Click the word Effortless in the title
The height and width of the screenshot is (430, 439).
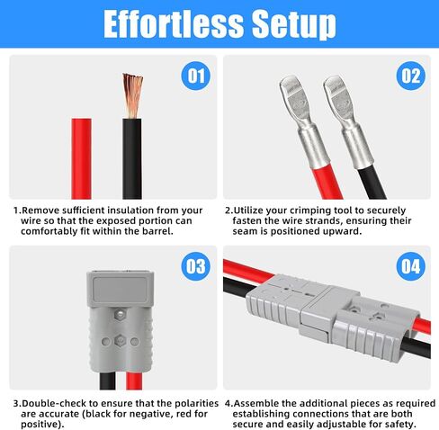click(174, 24)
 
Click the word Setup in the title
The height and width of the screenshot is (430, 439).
click(294, 24)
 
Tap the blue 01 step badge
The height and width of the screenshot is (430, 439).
click(196, 76)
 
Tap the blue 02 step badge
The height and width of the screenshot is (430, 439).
click(410, 76)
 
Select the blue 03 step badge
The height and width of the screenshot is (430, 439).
click(196, 266)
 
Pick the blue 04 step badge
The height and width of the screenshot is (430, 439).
click(410, 266)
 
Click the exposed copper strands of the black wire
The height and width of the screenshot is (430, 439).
click(132, 95)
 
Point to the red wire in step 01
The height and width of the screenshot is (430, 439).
click(81, 158)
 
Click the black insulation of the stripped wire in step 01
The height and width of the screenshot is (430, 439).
click(132, 159)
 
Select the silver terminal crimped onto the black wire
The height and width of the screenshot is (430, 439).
click(348, 120)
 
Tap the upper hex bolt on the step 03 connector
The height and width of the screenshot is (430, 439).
click(120, 314)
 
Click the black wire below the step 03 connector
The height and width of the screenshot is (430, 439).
click(107, 381)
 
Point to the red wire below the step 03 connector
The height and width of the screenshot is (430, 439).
click(134, 381)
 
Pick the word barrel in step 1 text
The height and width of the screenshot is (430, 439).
click(157, 231)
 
